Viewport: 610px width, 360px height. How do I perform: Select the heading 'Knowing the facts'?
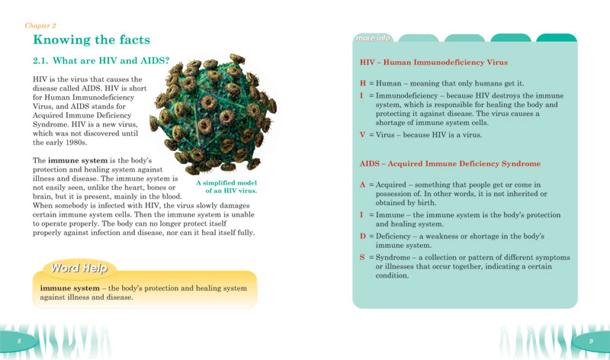91,40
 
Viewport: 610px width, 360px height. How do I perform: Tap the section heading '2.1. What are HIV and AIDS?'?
101,60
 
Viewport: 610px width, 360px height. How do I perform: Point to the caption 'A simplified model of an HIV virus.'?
226,187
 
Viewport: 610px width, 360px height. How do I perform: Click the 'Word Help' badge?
75,269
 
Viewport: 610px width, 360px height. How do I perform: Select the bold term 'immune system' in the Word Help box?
66,288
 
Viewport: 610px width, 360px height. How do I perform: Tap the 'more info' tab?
373,38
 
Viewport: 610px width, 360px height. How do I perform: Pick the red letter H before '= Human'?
363,83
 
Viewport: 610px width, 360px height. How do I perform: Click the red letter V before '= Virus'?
363,135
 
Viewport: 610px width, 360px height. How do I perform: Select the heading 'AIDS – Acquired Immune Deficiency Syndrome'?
450,164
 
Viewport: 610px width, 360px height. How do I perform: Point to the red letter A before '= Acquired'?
363,185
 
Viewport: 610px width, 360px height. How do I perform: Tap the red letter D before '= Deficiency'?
363,236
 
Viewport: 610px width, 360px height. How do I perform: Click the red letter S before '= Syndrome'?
363,258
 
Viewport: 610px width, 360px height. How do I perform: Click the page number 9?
590,340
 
